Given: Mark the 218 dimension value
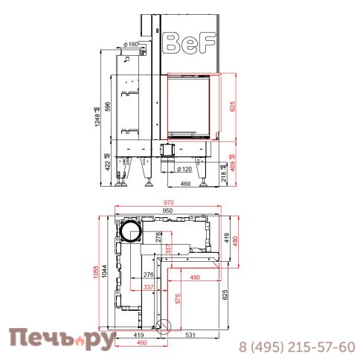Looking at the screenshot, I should click(x=225, y=175).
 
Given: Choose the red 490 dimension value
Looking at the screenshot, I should click(x=195, y=277).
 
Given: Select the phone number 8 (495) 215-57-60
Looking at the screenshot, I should click(x=296, y=347).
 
